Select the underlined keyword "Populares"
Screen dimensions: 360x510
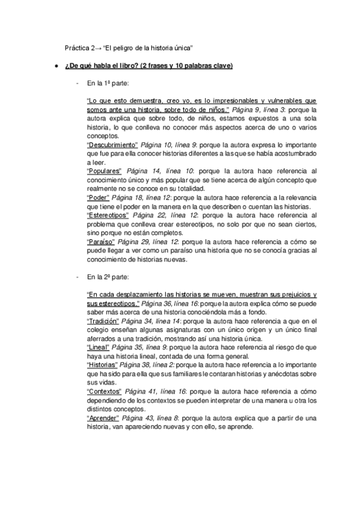tap(105, 171)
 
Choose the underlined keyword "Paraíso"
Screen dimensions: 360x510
tap(100, 241)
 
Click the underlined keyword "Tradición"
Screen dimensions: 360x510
tap(103, 322)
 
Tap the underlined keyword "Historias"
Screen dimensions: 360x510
tap(103, 365)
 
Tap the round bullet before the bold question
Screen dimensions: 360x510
tap(56, 66)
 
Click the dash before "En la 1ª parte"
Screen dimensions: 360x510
tap(77, 84)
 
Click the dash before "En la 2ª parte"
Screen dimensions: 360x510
tap(77, 277)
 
